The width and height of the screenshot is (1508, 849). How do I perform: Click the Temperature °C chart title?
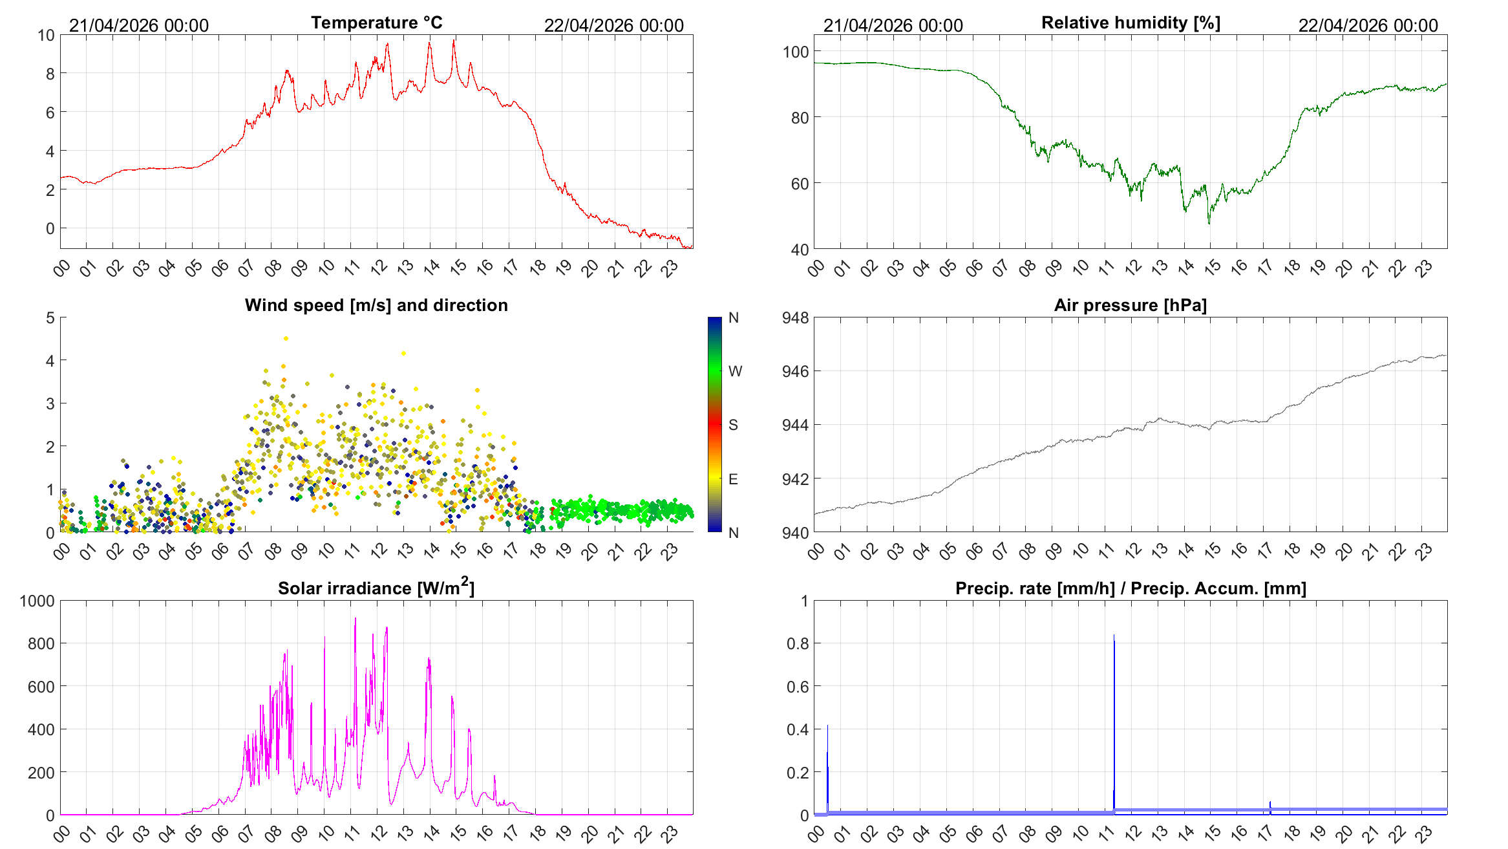point(377,23)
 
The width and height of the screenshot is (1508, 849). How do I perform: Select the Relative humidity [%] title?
point(1131,23)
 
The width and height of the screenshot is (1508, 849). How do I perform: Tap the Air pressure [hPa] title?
point(1131,305)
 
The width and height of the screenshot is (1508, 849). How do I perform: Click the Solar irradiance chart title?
point(376,587)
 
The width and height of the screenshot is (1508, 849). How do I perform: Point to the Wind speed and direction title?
point(376,305)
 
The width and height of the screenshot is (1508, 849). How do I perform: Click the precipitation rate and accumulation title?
point(1131,588)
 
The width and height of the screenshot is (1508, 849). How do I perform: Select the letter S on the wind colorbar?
point(733,425)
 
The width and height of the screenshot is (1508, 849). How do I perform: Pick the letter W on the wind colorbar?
point(735,371)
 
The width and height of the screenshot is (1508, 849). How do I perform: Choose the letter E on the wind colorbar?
point(733,479)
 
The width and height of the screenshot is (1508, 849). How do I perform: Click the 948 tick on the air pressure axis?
point(795,317)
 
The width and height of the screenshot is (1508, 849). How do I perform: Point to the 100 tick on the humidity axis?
point(796,52)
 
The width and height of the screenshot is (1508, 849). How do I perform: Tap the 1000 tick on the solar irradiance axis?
point(37,601)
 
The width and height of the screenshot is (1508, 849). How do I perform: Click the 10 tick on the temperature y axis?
point(46,35)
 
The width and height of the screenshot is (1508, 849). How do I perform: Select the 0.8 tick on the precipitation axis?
point(798,643)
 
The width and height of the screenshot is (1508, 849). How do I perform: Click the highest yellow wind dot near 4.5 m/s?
point(286,338)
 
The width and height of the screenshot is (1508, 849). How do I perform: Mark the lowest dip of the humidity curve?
point(1209,223)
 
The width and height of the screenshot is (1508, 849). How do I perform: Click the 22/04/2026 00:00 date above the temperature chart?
point(613,25)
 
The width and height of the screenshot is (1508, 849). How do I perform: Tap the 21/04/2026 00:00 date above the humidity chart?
point(893,25)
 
